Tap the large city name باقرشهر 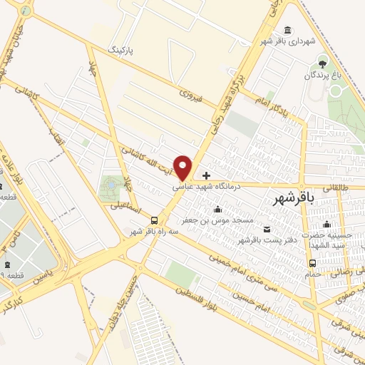pos(294,201)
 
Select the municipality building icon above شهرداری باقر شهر pos(287,30)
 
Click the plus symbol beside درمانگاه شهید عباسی pos(207,175)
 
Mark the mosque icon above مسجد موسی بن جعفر pos(217,209)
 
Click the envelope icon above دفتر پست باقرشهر pos(267,229)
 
